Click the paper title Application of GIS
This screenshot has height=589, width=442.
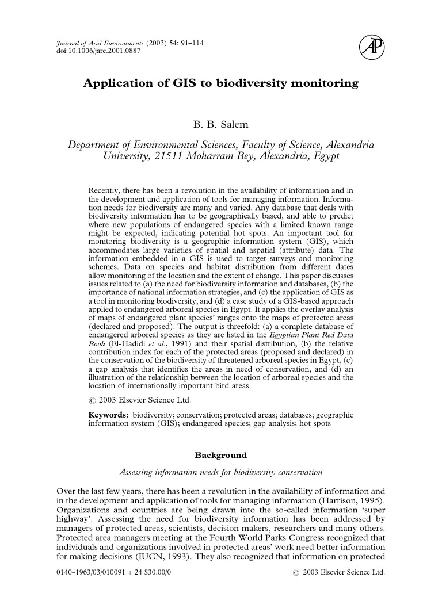220,83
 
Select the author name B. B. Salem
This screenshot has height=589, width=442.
220,124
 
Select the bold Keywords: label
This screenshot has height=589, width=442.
109,414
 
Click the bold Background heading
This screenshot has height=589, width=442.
220,455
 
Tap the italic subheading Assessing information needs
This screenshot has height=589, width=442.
220,472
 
